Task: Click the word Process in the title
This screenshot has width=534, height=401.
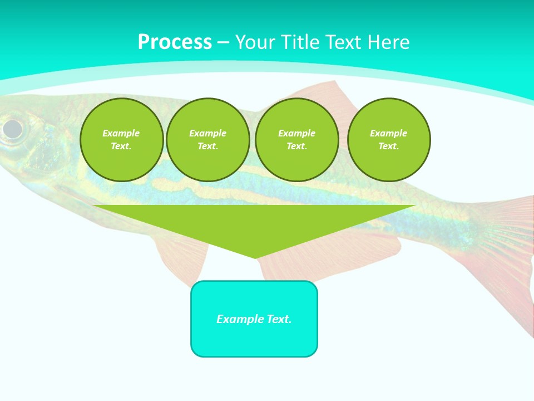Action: point(175,42)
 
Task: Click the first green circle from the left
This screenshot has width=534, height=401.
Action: point(121,140)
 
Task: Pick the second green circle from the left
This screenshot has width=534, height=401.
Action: point(208,140)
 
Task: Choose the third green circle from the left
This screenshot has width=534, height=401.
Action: point(296,140)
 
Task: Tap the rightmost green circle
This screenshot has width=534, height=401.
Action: point(389,140)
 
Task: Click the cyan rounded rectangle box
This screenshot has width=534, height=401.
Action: point(254,319)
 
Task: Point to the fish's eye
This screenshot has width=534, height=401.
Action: point(12,129)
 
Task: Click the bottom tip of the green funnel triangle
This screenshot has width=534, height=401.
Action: point(255,257)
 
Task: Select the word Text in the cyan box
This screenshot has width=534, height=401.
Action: point(278,319)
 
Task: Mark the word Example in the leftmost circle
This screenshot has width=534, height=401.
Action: point(121,133)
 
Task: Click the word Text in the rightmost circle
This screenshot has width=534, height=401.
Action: point(388,146)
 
